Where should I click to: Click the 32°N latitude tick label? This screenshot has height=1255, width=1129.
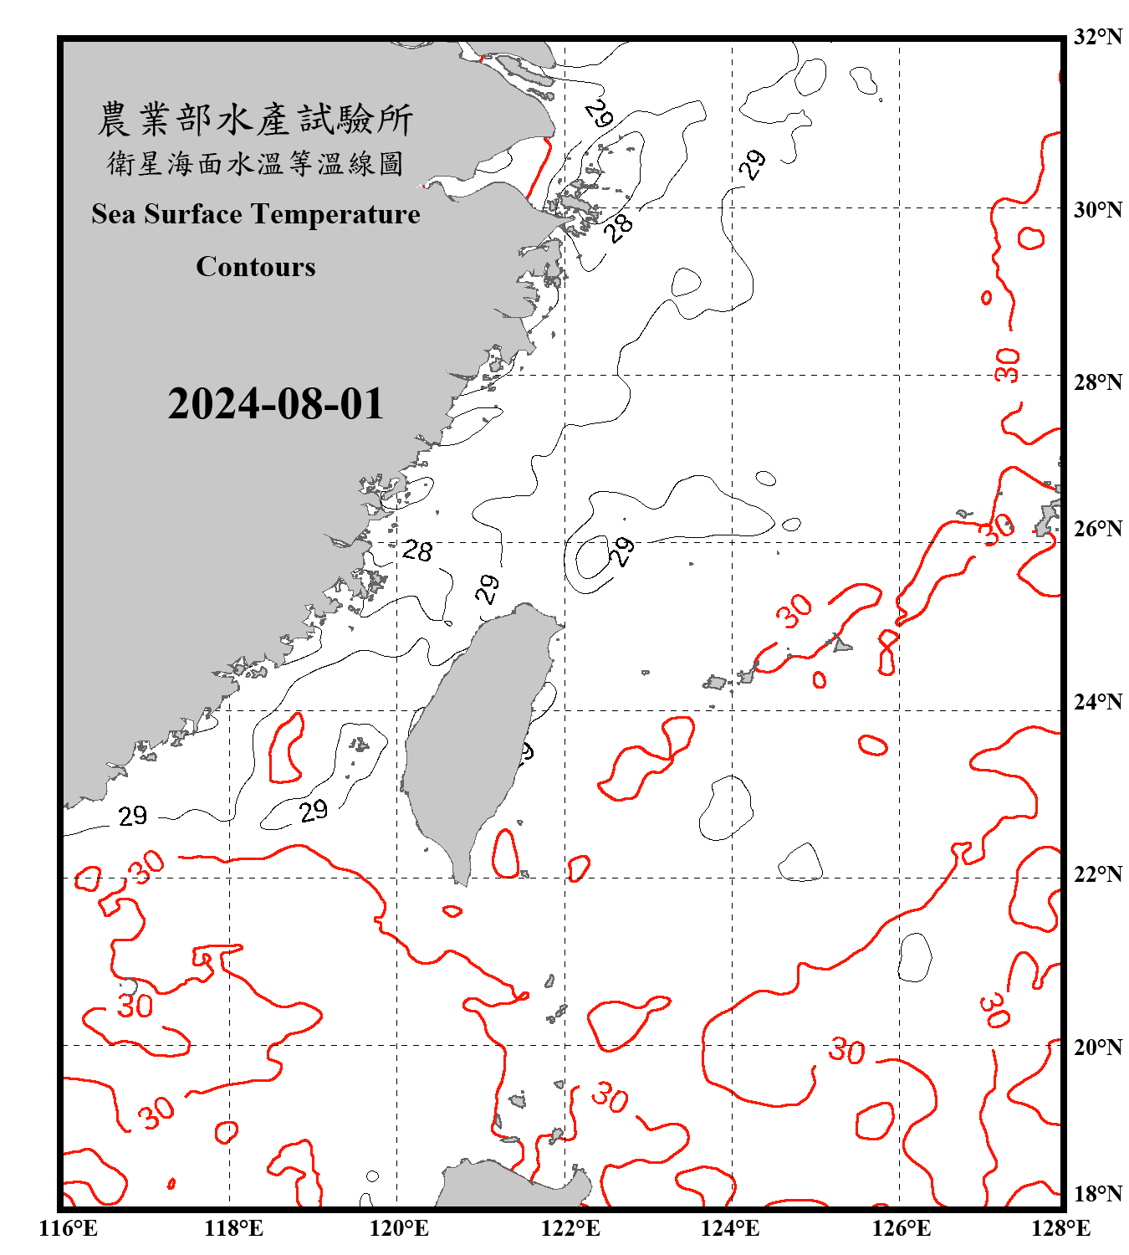(x=1097, y=37)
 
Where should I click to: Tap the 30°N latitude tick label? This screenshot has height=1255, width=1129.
(x=1097, y=210)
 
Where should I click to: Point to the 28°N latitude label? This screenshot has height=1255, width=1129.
(x=1097, y=382)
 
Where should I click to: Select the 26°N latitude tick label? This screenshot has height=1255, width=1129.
(x=1097, y=529)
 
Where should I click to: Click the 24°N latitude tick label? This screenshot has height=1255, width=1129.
(x=1097, y=701)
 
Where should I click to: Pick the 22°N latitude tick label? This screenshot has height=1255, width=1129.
(x=1097, y=874)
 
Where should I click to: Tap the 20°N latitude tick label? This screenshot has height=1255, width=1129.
(x=1097, y=1047)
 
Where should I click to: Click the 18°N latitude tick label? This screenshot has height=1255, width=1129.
(x=1097, y=1194)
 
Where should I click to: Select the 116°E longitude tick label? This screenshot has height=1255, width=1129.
(x=69, y=1228)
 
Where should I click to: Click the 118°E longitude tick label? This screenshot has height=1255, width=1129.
(x=233, y=1228)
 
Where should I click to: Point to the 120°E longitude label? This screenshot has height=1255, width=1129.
(x=399, y=1228)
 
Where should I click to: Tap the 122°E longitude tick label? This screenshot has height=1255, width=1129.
(x=570, y=1228)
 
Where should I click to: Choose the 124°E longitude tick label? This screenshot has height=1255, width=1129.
(x=730, y=1228)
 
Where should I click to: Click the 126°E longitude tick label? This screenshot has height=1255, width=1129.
(x=901, y=1228)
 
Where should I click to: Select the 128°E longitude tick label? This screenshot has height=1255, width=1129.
(x=1060, y=1228)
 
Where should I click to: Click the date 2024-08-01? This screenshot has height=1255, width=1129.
(x=275, y=404)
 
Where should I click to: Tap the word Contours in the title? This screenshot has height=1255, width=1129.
(x=256, y=267)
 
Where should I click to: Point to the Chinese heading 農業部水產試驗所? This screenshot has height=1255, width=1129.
(x=255, y=120)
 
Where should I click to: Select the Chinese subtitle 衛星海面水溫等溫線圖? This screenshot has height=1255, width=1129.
(x=255, y=163)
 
